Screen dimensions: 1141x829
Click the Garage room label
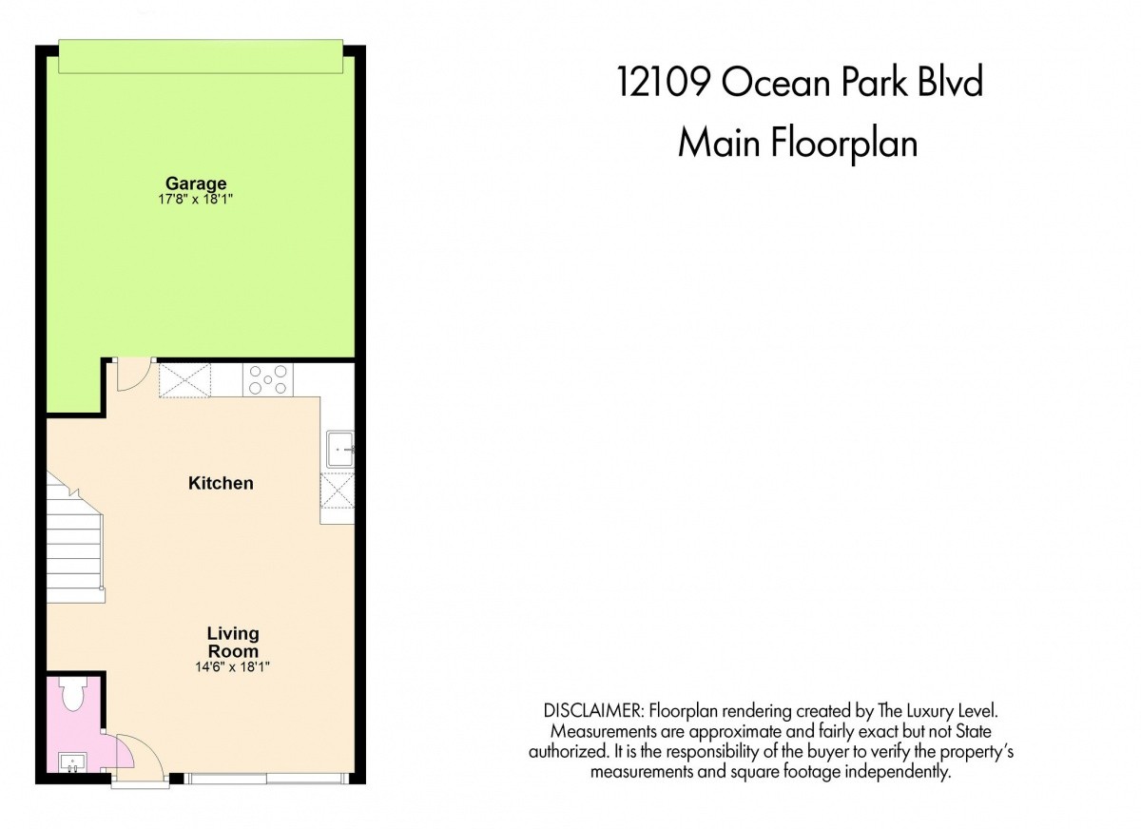[x=196, y=183]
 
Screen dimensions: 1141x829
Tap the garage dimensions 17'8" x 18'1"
[x=196, y=199]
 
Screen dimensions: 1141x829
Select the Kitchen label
[x=221, y=483]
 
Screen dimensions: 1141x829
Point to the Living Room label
[x=233, y=643]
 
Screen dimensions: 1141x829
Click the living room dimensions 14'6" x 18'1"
[x=232, y=667]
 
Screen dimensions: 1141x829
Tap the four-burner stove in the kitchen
[x=268, y=380]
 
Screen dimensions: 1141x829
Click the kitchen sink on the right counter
[x=340, y=449]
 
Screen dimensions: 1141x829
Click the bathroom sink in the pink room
[x=73, y=762]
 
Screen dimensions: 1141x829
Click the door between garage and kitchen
[x=134, y=376]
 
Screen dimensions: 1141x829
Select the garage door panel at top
[x=201, y=56]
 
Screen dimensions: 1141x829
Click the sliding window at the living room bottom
[x=266, y=778]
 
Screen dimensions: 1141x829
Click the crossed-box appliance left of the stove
[x=184, y=380]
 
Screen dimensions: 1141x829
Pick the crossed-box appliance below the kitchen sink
[x=338, y=491]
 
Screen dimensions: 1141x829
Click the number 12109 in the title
[x=664, y=82]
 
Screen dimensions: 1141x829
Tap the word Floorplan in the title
[x=843, y=145]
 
